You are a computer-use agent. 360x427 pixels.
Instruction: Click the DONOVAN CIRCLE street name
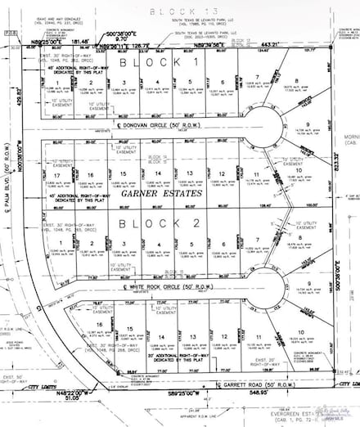(x=156, y=129)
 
